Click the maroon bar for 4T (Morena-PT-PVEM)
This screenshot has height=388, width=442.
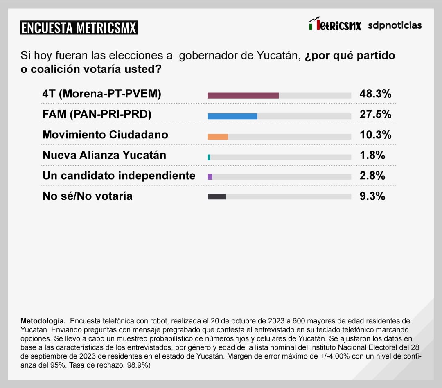tap(243, 95)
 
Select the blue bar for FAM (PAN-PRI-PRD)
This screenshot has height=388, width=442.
tap(232, 116)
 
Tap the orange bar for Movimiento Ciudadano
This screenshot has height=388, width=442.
tap(218, 137)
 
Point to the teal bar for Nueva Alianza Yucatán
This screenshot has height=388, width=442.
tap(209, 157)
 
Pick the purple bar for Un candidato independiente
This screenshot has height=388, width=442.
tap(210, 177)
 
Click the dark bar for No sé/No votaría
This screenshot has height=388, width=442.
tap(217, 196)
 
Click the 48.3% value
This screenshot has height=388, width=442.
tap(375, 94)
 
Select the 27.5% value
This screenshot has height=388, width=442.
tap(375, 115)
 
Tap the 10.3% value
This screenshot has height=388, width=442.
tap(375, 135)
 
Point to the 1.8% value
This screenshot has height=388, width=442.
tap(372, 155)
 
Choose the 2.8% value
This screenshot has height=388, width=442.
tap(372, 176)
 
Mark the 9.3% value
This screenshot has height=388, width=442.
tap(372, 196)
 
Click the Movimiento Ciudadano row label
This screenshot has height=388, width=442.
tap(105, 135)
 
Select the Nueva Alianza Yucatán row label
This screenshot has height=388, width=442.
tap(104, 155)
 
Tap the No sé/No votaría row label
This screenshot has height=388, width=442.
tap(88, 196)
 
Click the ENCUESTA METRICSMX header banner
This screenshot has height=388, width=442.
tap(79, 28)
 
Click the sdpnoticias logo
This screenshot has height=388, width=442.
tap(395, 25)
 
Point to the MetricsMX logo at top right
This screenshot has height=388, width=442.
tap(335, 25)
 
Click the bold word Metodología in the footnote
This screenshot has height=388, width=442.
tap(43, 320)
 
